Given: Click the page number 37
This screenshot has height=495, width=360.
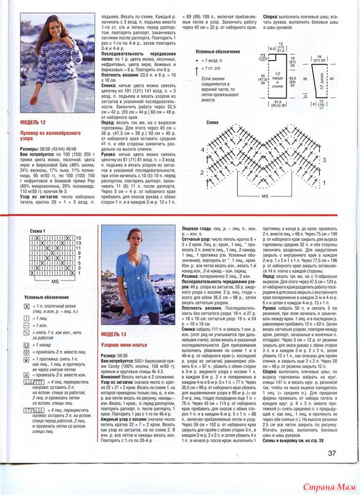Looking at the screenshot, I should click(332, 453).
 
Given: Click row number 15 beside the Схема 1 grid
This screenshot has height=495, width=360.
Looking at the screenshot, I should click(79, 238).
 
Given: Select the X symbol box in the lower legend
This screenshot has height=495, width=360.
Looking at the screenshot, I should click(26, 305).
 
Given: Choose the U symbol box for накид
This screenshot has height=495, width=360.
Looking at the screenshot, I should click(26, 344).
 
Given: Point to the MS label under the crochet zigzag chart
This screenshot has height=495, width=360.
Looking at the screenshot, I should click(265, 195).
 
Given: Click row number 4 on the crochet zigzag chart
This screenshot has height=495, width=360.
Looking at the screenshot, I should click(202, 150).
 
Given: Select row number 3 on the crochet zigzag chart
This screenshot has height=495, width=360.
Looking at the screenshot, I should click(324, 160).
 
